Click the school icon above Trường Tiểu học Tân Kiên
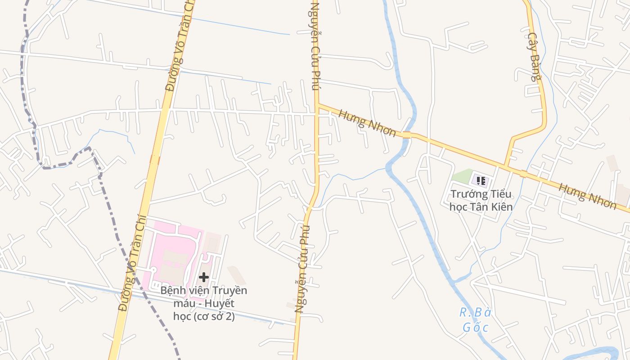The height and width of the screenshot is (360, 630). tap(481, 181)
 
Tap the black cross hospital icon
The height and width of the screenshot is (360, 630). tap(204, 277)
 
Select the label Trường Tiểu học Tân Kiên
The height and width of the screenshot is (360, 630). tap(481, 201)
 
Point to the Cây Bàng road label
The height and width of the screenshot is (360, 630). tap(534, 57)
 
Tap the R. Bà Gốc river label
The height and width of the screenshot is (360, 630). tap(475, 319)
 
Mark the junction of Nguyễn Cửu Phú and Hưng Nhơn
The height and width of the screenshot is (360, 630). tap(317, 105)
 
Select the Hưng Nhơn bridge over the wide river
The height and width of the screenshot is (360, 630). tap(407, 135)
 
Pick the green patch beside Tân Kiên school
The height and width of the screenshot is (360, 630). tap(461, 176)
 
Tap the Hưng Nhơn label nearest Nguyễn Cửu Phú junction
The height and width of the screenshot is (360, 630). tap(367, 122)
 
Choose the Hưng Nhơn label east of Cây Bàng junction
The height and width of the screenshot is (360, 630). tap(587, 196)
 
